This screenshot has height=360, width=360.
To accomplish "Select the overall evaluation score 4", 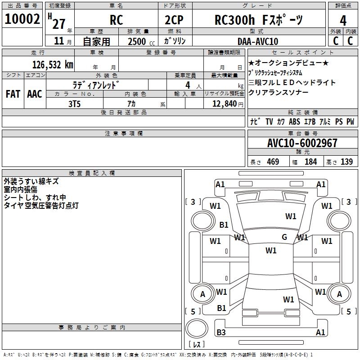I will pyautogui.click(x=343, y=21).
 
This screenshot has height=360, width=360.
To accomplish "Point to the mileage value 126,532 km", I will pyautogui.click(x=53, y=65).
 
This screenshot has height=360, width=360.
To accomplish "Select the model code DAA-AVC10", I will pyautogui.click(x=258, y=41).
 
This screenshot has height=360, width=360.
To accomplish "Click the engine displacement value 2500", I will pyautogui.click(x=136, y=41).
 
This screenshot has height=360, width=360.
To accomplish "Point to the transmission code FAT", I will pyautogui.click(x=13, y=94).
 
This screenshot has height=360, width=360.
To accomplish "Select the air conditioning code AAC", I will pyautogui.click(x=34, y=94).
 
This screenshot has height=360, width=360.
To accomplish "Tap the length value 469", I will pyautogui.click(x=273, y=162).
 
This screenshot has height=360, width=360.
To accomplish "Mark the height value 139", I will pyautogui.click(x=346, y=162).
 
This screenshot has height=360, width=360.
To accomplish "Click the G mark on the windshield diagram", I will pyautogui.click(x=284, y=237).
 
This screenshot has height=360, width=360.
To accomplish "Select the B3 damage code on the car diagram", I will pyautogui.click(x=221, y=333).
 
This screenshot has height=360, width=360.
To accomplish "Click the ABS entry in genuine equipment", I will pyautogui.click(x=294, y=121).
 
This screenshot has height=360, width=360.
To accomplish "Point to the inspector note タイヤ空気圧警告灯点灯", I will pyautogui.click(x=41, y=206).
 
